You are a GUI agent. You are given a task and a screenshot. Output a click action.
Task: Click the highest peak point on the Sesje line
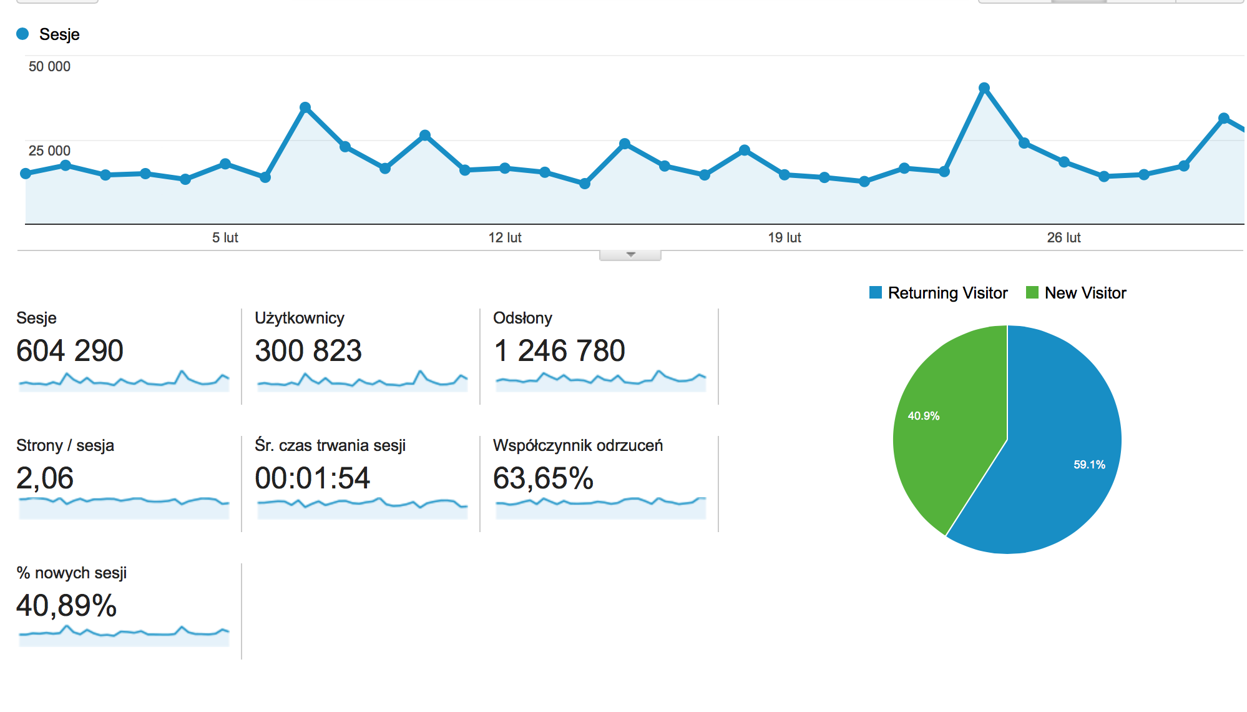click(984, 88)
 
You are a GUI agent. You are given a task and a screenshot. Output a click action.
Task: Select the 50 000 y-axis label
click(49, 66)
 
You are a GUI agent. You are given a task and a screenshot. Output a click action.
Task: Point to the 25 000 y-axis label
click(49, 151)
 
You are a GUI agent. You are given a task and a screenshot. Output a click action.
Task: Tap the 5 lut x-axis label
click(225, 237)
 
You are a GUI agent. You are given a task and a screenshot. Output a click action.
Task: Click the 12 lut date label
click(505, 237)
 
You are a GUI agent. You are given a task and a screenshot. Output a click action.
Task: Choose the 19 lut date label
click(785, 237)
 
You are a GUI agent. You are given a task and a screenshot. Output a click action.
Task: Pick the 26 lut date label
click(1064, 237)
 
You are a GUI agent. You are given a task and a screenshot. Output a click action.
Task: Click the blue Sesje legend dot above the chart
click(22, 34)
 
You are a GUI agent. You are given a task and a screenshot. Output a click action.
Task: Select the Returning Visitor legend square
click(876, 292)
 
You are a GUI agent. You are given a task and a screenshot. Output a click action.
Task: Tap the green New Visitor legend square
click(1032, 292)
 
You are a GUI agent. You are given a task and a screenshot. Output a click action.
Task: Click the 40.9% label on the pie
click(924, 416)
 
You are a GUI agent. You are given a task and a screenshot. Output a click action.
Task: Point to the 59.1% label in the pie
click(1089, 465)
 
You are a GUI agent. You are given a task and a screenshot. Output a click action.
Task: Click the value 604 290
click(70, 350)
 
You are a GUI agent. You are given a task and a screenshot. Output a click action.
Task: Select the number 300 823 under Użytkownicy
click(308, 350)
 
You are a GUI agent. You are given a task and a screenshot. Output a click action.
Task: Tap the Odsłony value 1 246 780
click(559, 350)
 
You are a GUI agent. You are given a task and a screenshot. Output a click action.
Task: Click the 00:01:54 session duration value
click(313, 478)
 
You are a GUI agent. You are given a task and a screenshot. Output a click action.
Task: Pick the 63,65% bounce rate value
click(543, 478)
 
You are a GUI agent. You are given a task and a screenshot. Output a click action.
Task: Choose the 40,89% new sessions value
click(67, 606)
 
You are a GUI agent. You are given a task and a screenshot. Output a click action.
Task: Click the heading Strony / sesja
click(65, 445)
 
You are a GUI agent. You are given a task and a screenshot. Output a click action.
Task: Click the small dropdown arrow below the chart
click(630, 255)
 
